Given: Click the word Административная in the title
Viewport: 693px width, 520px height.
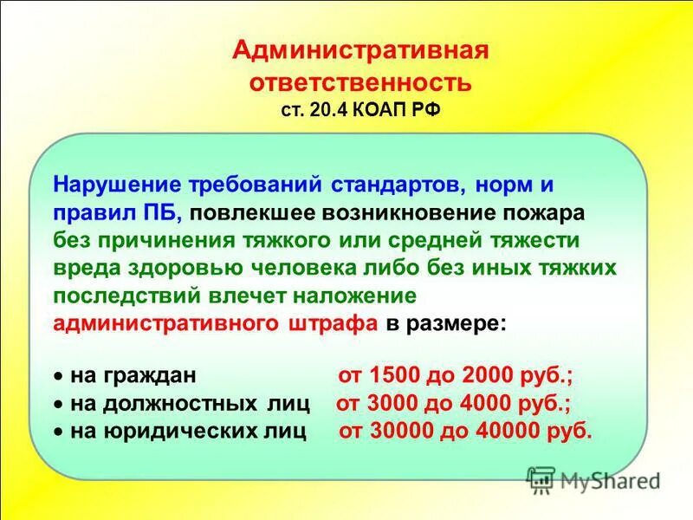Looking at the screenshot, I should click(360, 49).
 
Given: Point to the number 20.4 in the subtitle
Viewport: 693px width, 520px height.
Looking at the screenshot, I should click(323, 111).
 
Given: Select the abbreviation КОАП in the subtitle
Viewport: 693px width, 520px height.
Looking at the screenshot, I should click(376, 111).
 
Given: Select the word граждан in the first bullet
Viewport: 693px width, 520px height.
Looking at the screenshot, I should click(151, 377).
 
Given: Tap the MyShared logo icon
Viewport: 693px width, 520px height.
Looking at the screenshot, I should click(541, 478).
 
